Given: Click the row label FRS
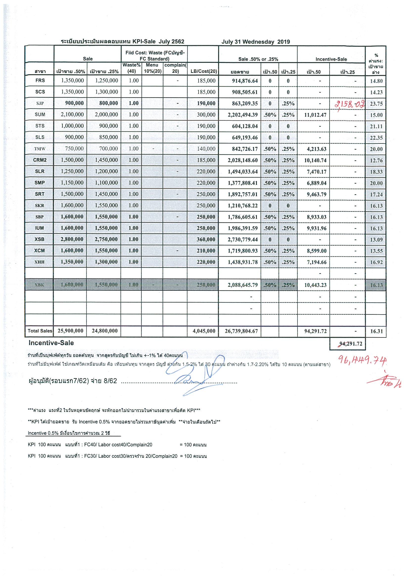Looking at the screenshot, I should (x=40, y=80).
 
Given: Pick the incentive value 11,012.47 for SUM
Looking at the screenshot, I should (x=315, y=115).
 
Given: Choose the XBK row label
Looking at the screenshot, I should (x=40, y=285).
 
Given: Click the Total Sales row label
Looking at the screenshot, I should (x=40, y=331).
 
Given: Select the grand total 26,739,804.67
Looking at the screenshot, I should (x=241, y=331).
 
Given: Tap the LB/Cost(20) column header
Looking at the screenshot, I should (x=204, y=71).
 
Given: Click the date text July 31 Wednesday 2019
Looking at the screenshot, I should (x=255, y=42).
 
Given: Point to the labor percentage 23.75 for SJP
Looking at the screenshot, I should (x=376, y=104).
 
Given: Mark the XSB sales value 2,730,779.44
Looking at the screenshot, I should (x=242, y=240).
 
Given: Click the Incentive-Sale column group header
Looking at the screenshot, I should (x=331, y=59).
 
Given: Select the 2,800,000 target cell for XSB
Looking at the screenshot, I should (x=72, y=239).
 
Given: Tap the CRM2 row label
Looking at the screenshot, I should (x=40, y=160).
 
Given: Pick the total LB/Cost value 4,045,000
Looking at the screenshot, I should (x=204, y=331).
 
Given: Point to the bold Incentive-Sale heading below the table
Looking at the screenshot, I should (x=51, y=343).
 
